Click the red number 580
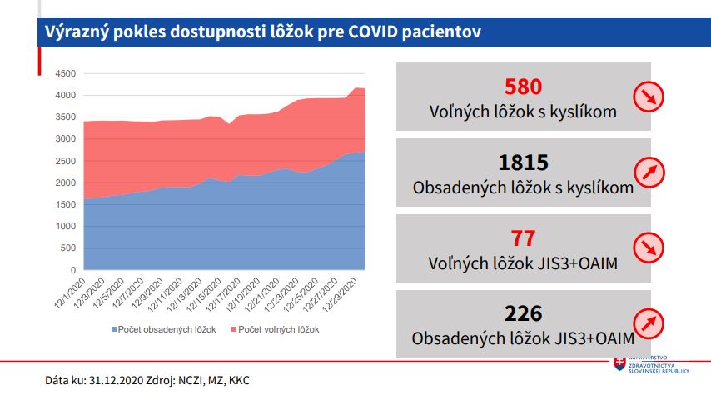(523, 87)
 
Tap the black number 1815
(523, 162)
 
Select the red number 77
(523, 239)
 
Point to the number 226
(523, 314)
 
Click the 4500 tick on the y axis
(65, 73)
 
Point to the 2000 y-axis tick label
(65, 182)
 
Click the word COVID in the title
(377, 32)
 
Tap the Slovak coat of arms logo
(619, 364)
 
